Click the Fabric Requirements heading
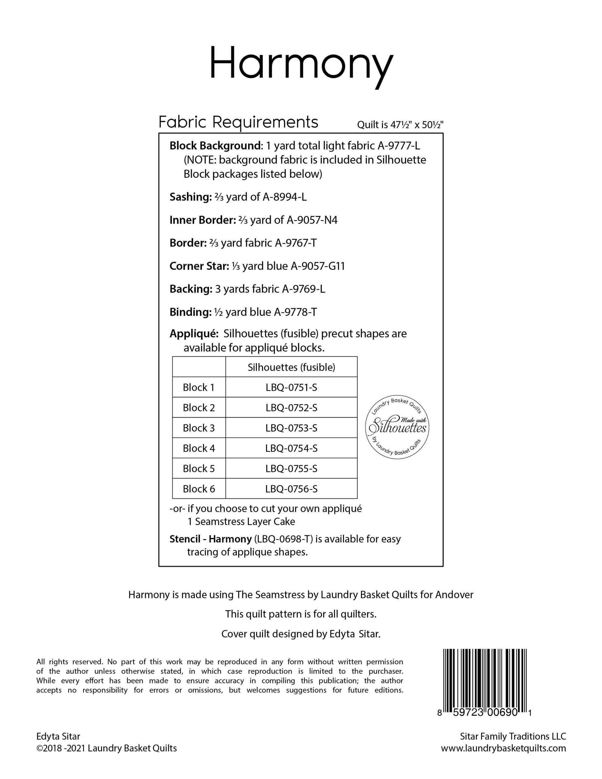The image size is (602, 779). click(238, 122)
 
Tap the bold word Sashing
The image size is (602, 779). click(191, 197)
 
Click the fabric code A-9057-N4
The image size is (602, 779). click(312, 220)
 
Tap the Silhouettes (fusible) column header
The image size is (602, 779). click(291, 367)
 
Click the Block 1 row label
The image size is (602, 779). click(199, 387)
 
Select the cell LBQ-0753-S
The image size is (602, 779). click(291, 428)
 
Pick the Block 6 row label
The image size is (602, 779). click(199, 489)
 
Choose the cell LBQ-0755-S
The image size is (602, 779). click(291, 468)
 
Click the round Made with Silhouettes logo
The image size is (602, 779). click(397, 427)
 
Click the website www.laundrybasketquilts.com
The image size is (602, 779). click(503, 748)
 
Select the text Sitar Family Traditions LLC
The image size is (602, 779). click(513, 736)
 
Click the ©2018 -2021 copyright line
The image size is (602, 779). click(106, 748)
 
